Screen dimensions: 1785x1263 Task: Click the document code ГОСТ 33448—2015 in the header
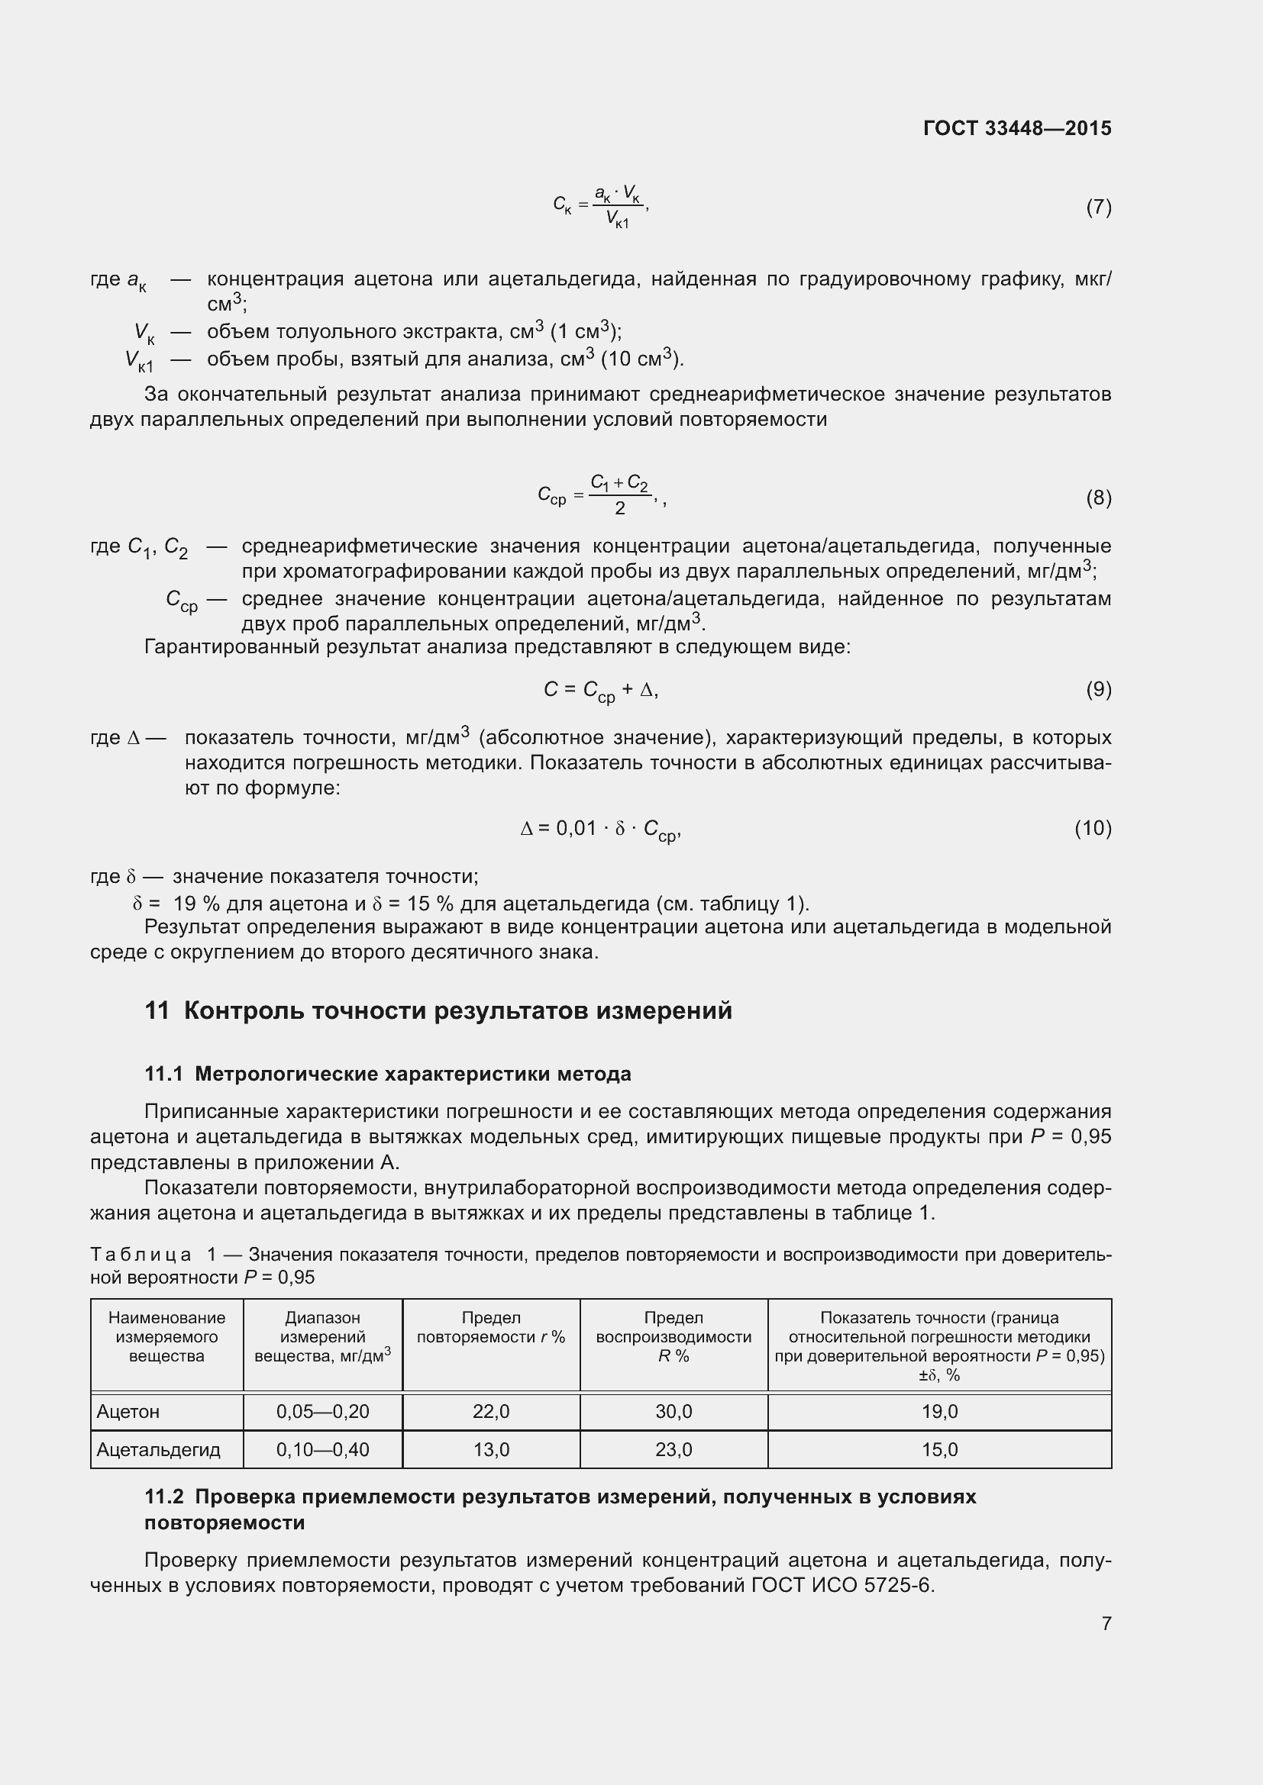pyautogui.click(x=1016, y=128)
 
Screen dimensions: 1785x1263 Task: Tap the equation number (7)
pyautogui.click(x=1098, y=207)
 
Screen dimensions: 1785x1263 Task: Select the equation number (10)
pyautogui.click(x=1093, y=828)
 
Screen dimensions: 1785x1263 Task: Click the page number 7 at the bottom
pyautogui.click(x=1106, y=1623)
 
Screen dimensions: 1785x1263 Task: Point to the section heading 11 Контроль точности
pyautogui.click(x=438, y=1010)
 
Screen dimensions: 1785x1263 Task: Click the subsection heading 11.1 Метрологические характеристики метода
pyautogui.click(x=387, y=1074)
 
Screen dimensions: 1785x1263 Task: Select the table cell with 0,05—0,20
pyautogui.click(x=323, y=1411)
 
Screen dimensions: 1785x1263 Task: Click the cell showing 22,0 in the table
pyautogui.click(x=491, y=1411)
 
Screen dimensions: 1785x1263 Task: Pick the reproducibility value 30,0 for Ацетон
pyautogui.click(x=673, y=1411)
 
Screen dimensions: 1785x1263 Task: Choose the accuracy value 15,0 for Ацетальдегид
pyautogui.click(x=939, y=1449)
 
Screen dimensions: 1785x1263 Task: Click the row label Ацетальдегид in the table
pyautogui.click(x=159, y=1449)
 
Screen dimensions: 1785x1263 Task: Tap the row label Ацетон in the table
pyautogui.click(x=128, y=1411)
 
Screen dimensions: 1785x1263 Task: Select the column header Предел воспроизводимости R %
pyautogui.click(x=673, y=1336)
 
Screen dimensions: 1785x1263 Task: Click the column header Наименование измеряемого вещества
pyautogui.click(x=166, y=1336)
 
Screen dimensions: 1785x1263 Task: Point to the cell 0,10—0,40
pyautogui.click(x=323, y=1449)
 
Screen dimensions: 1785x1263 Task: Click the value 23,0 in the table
pyautogui.click(x=673, y=1449)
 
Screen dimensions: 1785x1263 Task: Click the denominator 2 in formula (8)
pyautogui.click(x=620, y=508)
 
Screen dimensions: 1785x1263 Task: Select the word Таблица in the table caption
pyautogui.click(x=141, y=1254)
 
